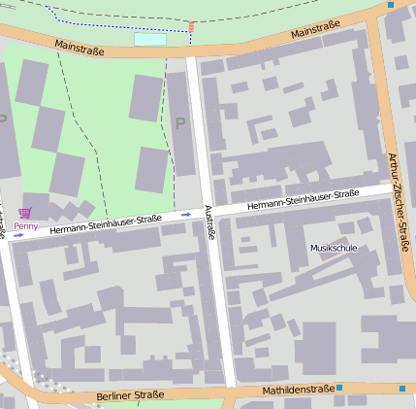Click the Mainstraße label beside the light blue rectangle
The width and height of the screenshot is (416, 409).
point(79,46)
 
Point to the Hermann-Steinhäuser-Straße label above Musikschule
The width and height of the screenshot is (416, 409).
point(304,200)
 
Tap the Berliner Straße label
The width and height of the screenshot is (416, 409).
point(131,396)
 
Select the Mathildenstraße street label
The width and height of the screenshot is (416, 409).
point(298,391)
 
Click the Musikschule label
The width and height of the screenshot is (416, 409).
point(334,249)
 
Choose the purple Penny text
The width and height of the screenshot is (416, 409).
point(26,226)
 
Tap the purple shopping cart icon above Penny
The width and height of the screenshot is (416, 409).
point(25,213)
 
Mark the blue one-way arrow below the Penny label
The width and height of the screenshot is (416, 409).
point(18,234)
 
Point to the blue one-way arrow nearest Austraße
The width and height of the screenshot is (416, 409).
point(185,213)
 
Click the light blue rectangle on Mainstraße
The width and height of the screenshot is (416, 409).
point(149,39)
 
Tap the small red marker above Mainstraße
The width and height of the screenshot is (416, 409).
point(192,27)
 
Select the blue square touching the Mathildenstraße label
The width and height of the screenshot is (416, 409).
point(339,389)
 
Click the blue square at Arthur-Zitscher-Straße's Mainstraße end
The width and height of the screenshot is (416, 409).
point(391,5)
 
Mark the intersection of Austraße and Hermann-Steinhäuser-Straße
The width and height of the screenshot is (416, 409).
point(210,209)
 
